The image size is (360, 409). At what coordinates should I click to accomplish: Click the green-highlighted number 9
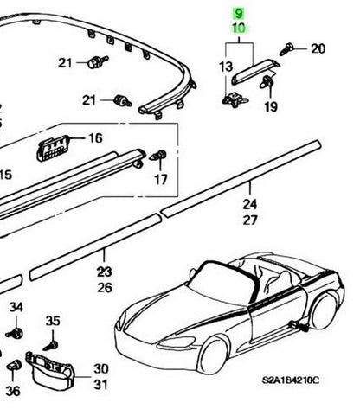pyautogui.click(x=239, y=14)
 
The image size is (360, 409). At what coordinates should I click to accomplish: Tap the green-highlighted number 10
pyautogui.click(x=239, y=29)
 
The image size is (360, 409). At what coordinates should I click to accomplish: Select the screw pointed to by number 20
pyautogui.click(x=286, y=49)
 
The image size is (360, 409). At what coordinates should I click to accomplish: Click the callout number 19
pyautogui.click(x=271, y=107)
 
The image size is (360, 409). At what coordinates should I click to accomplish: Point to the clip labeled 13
pyautogui.click(x=235, y=99)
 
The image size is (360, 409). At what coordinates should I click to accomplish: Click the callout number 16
pyautogui.click(x=95, y=138)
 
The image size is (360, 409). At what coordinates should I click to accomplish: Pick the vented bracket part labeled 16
pyautogui.click(x=53, y=148)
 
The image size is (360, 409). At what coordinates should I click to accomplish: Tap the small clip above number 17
pyautogui.click(x=158, y=156)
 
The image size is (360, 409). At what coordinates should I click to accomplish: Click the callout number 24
pyautogui.click(x=250, y=204)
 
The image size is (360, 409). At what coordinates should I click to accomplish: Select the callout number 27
pyautogui.click(x=250, y=220)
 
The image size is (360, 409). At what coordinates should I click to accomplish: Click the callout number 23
pyautogui.click(x=104, y=272)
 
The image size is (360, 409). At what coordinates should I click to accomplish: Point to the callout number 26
pyautogui.click(x=104, y=287)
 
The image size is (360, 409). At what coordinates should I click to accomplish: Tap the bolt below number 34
pyautogui.click(x=15, y=334)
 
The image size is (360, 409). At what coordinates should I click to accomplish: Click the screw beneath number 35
pyautogui.click(x=51, y=345)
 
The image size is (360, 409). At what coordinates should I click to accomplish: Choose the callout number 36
pyautogui.click(x=13, y=391)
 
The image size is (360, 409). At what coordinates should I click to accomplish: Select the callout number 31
pyautogui.click(x=100, y=385)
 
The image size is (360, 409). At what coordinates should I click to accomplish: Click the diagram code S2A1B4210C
pyautogui.click(x=291, y=380)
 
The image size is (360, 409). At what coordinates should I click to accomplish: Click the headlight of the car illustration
pyautogui.click(x=177, y=342)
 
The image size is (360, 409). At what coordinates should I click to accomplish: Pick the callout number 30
pyautogui.click(x=100, y=368)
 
